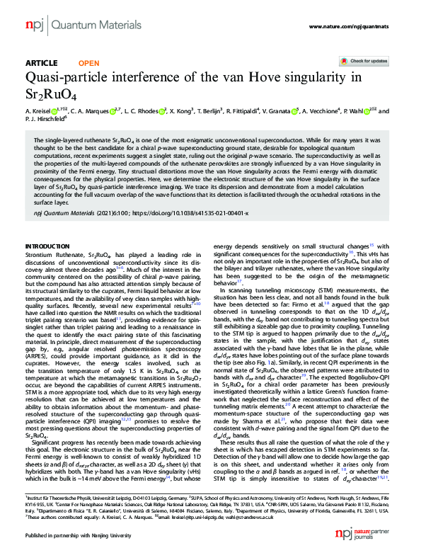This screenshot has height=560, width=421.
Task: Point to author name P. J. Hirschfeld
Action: click(45, 120)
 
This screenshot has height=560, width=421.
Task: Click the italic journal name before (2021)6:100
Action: click(59, 213)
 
